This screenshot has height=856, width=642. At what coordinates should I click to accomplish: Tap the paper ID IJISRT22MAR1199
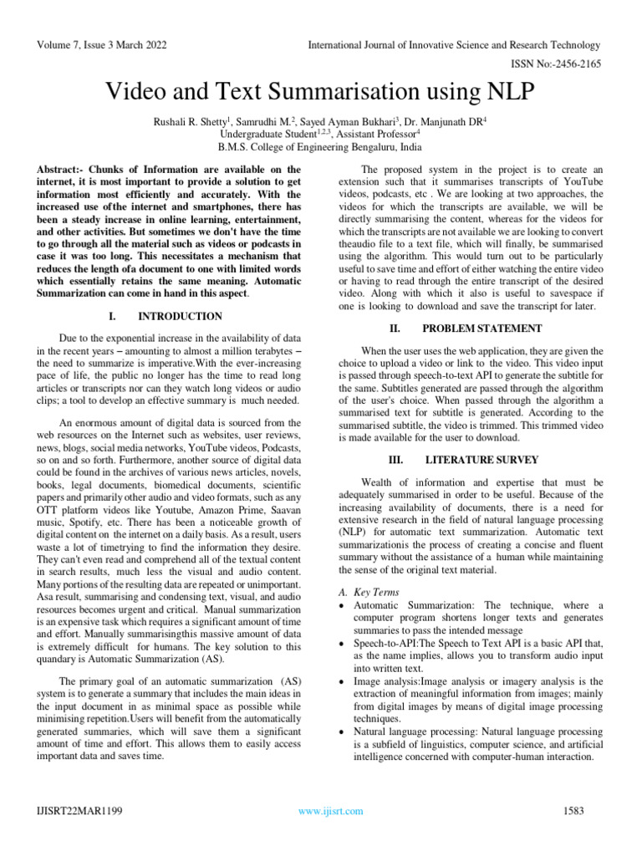tap(79, 811)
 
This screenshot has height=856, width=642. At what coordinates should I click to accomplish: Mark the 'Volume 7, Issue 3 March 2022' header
tap(104, 44)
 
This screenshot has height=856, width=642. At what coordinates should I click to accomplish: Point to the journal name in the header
tap(454, 44)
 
